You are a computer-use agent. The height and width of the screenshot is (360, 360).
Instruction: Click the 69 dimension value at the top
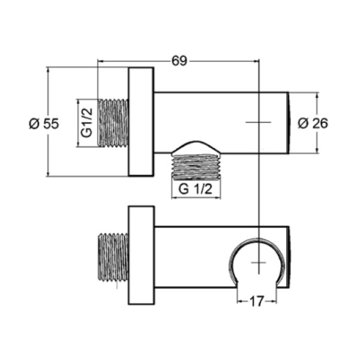179,61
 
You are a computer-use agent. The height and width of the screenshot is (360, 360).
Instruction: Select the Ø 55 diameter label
44,124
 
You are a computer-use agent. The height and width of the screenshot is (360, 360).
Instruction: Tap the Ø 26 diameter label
313,123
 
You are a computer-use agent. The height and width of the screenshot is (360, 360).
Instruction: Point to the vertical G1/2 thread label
87,123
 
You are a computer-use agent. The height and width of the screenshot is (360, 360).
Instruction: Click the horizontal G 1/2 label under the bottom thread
196,190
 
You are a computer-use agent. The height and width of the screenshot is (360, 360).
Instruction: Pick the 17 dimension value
257,301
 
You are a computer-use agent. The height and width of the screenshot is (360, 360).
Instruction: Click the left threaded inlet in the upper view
113,123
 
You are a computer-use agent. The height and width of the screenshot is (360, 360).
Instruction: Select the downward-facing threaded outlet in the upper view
197,166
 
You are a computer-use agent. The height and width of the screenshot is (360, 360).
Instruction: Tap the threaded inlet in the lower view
113,257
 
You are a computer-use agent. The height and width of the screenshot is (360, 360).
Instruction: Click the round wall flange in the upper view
141,122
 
